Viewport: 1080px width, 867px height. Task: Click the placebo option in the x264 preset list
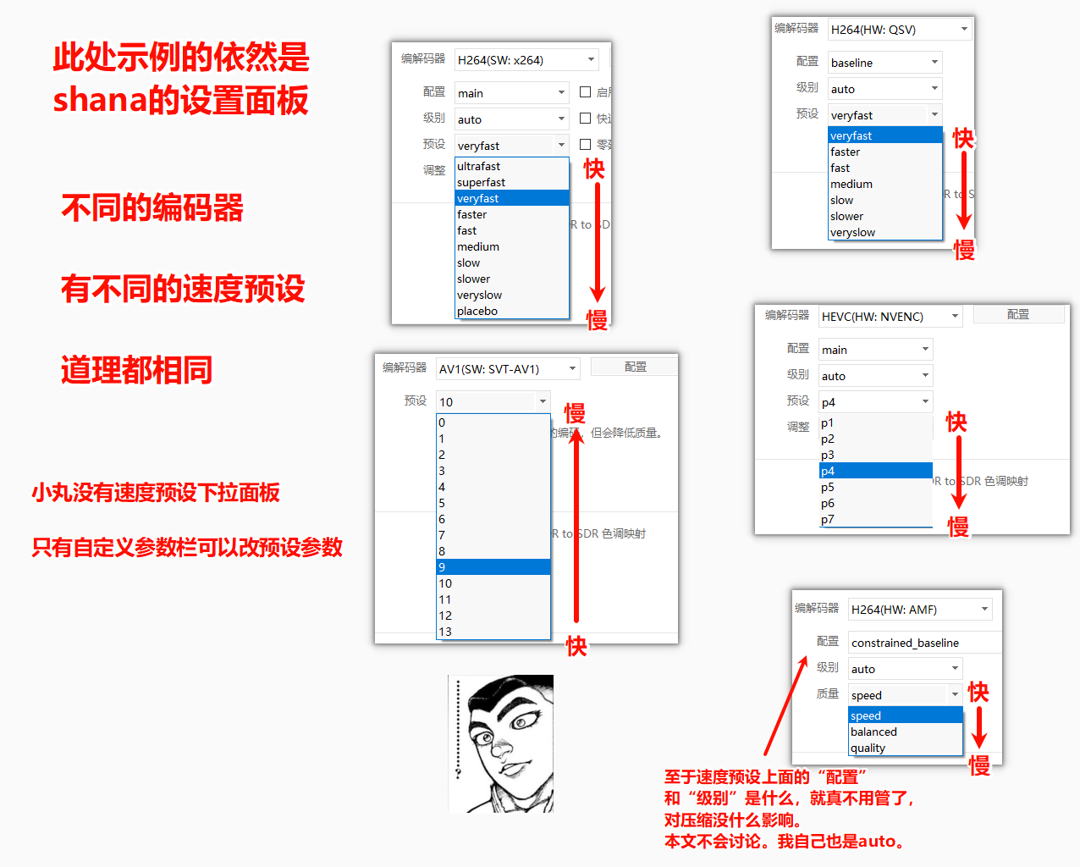click(477, 312)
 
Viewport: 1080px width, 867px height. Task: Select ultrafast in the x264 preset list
click(478, 166)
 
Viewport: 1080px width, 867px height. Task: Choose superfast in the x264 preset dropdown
click(481, 182)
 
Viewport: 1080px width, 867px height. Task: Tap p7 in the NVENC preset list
click(828, 519)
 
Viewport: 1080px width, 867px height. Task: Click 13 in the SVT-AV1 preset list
click(445, 632)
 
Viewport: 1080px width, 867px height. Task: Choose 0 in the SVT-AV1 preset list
click(442, 422)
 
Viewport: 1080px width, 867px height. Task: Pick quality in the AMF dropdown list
click(868, 748)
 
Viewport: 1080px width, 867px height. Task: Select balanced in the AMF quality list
click(873, 732)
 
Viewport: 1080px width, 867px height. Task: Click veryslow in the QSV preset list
click(852, 233)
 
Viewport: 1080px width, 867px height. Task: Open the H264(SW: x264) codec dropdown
click(526, 60)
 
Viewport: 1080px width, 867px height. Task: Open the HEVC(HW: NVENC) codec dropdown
click(890, 317)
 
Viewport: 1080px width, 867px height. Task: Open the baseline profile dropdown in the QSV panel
click(884, 63)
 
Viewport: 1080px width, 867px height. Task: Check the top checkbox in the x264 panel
click(585, 92)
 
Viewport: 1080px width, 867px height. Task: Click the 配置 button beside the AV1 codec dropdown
click(634, 367)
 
